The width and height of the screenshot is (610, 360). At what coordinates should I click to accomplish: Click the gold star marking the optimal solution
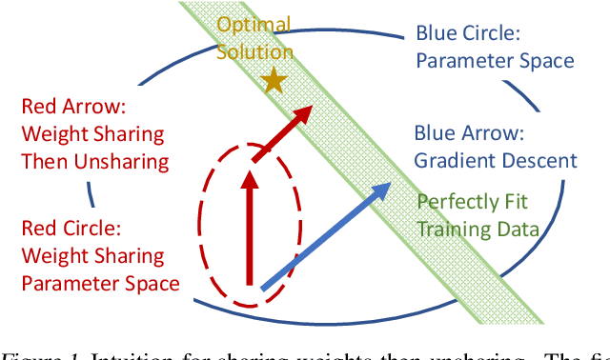click(x=274, y=82)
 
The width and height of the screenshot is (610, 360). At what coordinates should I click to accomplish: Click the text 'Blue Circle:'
click(x=468, y=33)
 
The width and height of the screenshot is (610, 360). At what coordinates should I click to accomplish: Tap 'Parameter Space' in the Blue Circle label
click(x=495, y=60)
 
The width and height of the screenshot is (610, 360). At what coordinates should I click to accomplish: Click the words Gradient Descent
click(x=496, y=161)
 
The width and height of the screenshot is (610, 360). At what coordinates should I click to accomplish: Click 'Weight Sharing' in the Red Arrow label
click(x=91, y=133)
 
